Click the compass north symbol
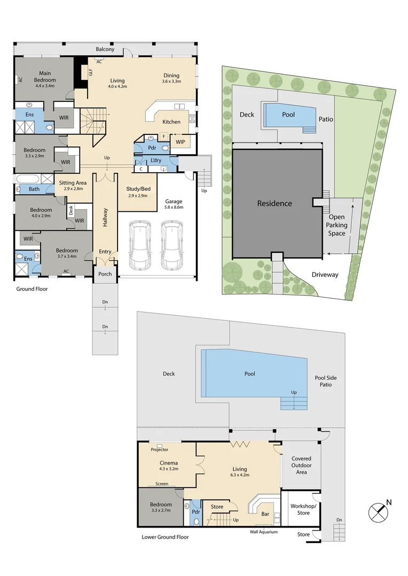click(x=378, y=512)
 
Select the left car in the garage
click(x=140, y=245)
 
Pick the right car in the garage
click(x=172, y=245)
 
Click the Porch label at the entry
click(x=105, y=274)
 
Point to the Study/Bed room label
click(x=138, y=189)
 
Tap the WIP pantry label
click(x=181, y=142)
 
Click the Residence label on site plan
click(x=274, y=203)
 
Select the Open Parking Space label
click(x=337, y=225)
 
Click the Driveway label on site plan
click(x=325, y=275)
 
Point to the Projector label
click(x=160, y=450)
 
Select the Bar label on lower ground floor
click(x=265, y=514)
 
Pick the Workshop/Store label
click(x=303, y=509)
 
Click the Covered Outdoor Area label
click(x=301, y=465)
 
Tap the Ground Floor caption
click(x=32, y=289)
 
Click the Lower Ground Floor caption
click(x=165, y=537)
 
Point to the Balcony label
click(x=105, y=49)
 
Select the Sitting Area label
click(x=73, y=183)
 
